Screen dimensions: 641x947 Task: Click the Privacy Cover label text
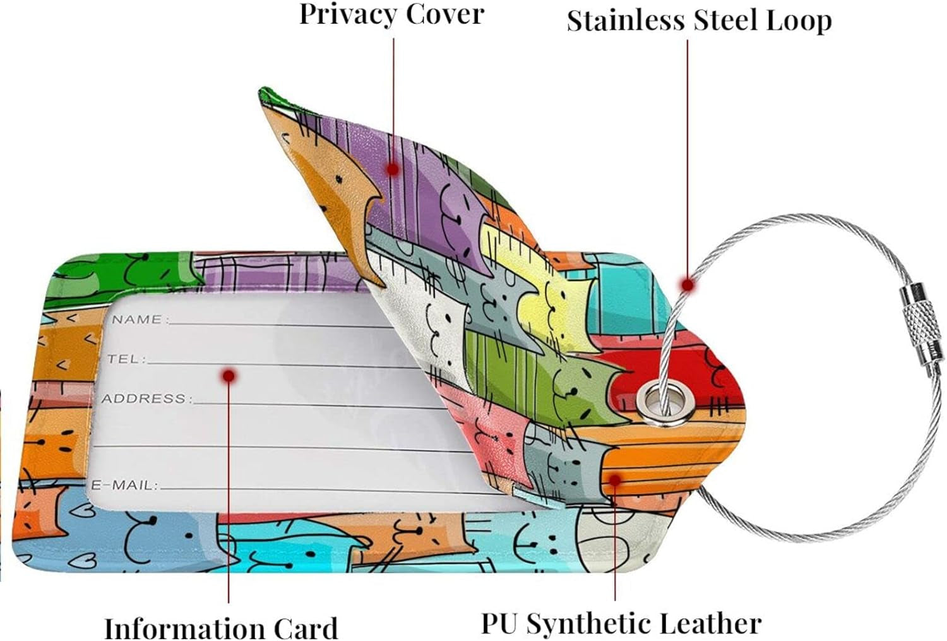point(391,14)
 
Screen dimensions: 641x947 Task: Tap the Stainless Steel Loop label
point(699,20)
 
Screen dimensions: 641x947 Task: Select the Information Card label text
point(221,628)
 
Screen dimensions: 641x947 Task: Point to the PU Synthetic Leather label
point(621,623)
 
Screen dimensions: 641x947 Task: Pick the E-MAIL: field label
point(124,485)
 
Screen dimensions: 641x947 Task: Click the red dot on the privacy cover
point(393,169)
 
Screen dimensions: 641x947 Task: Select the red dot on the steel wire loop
point(688,285)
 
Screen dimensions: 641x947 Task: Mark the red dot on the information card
point(229,376)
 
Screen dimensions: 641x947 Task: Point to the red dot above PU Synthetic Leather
point(615,479)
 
